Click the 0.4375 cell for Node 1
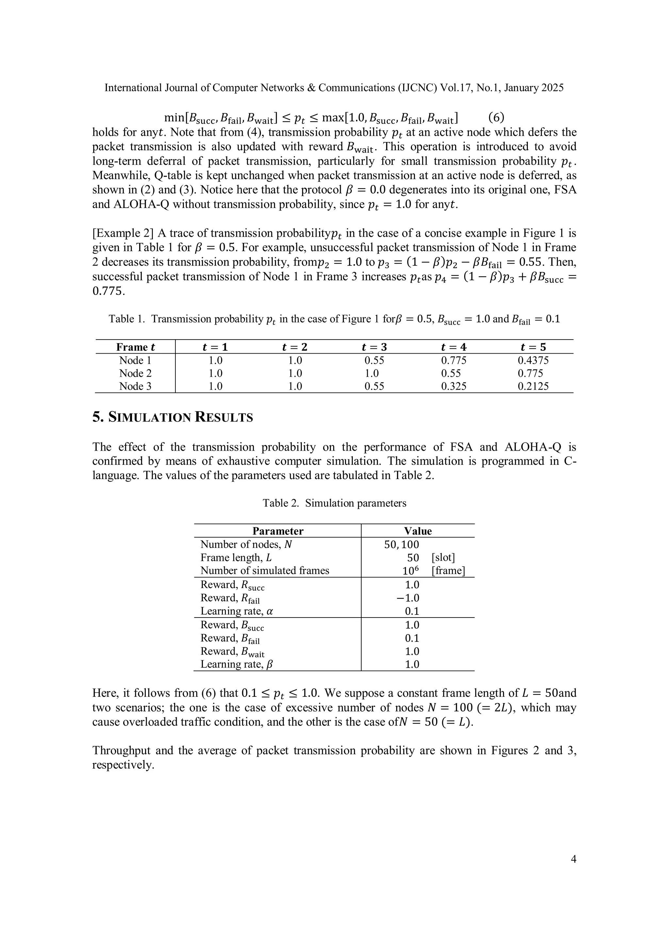(533, 361)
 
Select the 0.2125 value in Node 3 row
(533, 387)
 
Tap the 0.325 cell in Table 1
(453, 387)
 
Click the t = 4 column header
(453, 347)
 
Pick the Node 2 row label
(135, 373)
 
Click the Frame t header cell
(136, 347)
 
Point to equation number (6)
(496, 118)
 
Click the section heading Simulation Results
(173, 417)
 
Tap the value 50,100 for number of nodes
(401, 545)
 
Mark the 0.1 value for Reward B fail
(412, 638)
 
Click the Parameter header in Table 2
(278, 531)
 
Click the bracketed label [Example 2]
(123, 233)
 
